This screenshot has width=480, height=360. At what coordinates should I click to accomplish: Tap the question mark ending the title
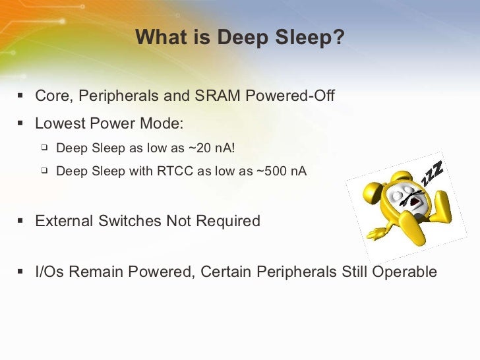pyautogui.click(x=339, y=38)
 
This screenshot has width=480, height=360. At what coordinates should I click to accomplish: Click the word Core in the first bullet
pyautogui.click(x=53, y=96)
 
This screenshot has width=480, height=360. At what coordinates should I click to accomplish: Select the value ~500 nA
pyautogui.click(x=282, y=171)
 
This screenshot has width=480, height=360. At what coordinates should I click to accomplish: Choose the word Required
pyautogui.click(x=227, y=221)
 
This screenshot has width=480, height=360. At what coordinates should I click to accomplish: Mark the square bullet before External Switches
pyautogui.click(x=20, y=221)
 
